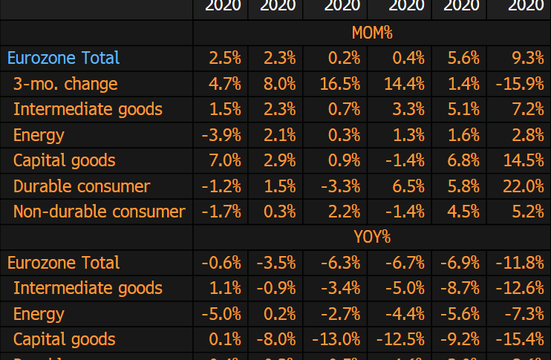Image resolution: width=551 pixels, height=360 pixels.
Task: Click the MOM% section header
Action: [371, 33]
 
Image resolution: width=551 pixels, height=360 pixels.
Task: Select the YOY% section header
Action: [371, 238]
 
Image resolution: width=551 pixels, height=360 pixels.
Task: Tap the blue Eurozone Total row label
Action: [63, 58]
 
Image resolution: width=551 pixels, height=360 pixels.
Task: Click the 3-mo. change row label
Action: [65, 84]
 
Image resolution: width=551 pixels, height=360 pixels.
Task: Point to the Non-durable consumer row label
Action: [99, 212]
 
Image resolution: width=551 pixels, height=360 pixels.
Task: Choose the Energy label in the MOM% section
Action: [39, 135]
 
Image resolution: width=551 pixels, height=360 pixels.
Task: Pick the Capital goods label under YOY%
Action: [64, 339]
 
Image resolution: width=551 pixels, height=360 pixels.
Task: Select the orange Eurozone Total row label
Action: [63, 263]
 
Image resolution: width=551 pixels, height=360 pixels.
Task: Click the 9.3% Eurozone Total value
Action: [527, 58]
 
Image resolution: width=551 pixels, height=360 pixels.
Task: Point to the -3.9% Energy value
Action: [221, 135]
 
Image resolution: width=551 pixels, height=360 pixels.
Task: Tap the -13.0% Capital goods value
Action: [339, 339]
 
